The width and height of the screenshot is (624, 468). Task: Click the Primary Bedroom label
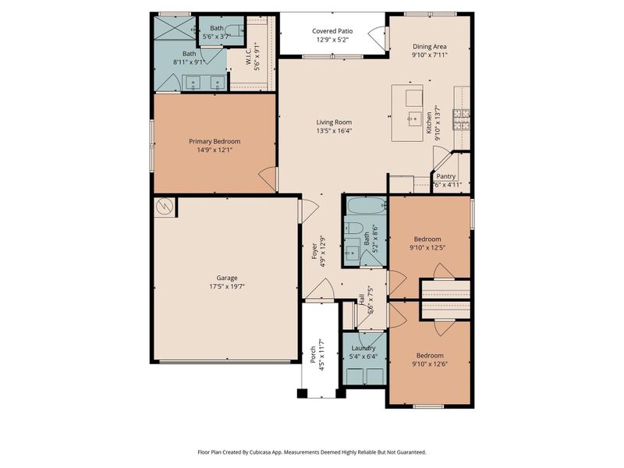pyautogui.click(x=214, y=141)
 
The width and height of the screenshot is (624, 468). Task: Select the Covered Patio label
pyautogui.click(x=332, y=30)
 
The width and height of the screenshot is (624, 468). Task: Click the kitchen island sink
pyautogui.click(x=413, y=118)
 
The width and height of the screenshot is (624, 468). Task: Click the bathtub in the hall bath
pyautogui.click(x=365, y=207)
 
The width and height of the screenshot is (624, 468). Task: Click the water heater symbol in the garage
pyautogui.click(x=165, y=207)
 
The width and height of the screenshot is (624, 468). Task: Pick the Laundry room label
pyautogui.click(x=363, y=348)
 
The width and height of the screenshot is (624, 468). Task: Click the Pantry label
pyautogui.click(x=446, y=176)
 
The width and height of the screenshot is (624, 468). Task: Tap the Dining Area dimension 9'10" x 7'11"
pyautogui.click(x=430, y=55)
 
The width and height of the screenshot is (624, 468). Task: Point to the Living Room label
pyautogui.click(x=334, y=122)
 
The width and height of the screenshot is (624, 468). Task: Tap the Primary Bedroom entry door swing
pyautogui.click(x=268, y=179)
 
